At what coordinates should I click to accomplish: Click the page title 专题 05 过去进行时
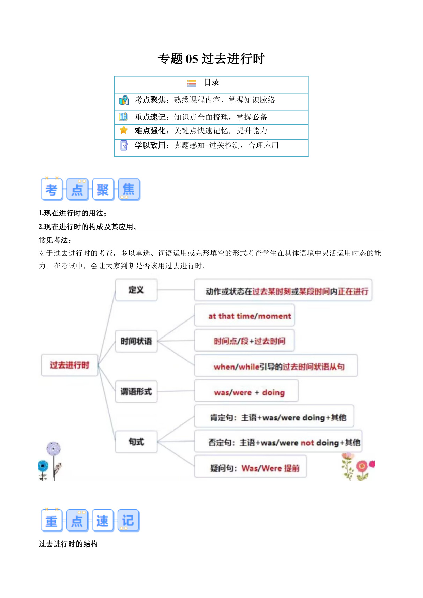coord(211,59)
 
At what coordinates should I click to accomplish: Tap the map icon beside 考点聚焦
coord(124,100)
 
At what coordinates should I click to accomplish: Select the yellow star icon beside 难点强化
coord(124,130)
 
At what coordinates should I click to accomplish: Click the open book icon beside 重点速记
coord(123,117)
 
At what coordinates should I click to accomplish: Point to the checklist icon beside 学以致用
coord(124,146)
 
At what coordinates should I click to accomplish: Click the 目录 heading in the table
coord(211,83)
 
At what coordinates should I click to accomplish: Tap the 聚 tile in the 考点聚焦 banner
coord(103,189)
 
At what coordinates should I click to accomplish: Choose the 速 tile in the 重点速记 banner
coord(102,521)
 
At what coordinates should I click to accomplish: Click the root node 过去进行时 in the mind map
coord(70,365)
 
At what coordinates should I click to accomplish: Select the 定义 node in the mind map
coord(136,290)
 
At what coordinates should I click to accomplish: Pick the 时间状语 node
coord(136,341)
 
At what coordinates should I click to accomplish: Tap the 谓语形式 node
coord(136,391)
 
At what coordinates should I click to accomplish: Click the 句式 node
coord(136,442)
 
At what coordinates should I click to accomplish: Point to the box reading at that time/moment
coord(244,316)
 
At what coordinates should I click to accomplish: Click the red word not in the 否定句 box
coord(307,443)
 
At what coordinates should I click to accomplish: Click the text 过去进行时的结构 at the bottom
coord(68,544)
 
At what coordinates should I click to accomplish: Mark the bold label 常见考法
coord(55,240)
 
